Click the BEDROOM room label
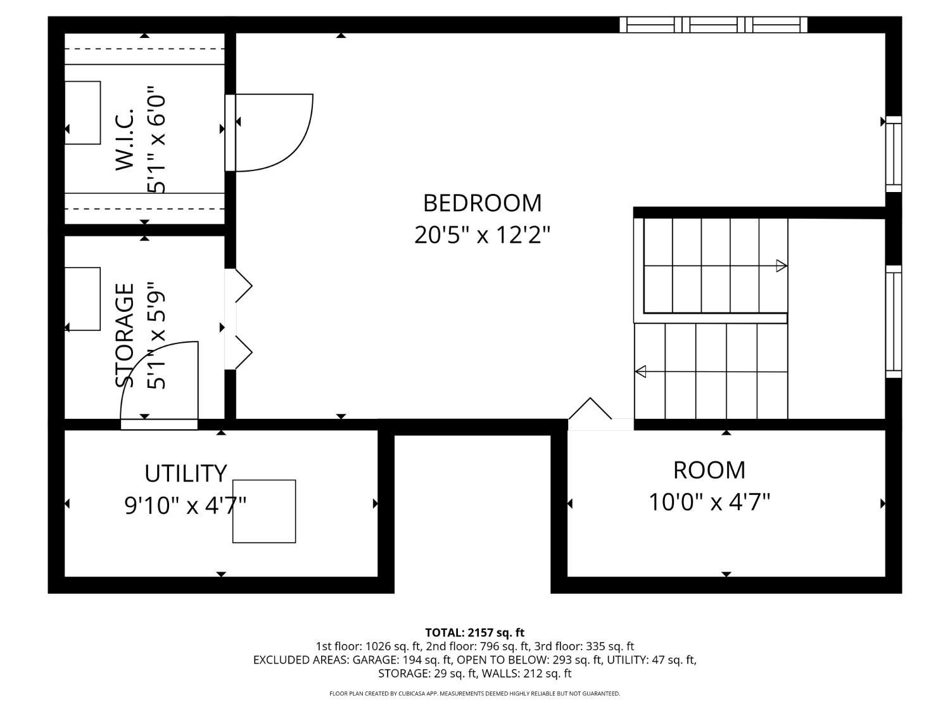(482, 203)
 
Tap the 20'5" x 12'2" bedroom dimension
(482, 235)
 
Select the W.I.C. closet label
(125, 139)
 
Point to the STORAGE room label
(125, 335)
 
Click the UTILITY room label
(186, 473)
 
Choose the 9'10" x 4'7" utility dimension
(185, 505)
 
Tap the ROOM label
(709, 470)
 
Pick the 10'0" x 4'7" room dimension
(709, 503)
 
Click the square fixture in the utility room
(264, 511)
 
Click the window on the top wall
(713, 25)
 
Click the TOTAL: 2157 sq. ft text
(475, 633)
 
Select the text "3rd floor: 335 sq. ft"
(584, 646)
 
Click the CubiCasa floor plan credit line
(475, 693)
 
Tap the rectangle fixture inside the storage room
(83, 299)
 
